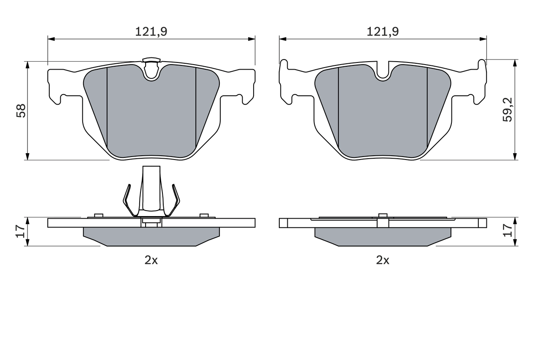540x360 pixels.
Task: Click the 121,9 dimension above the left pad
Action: pos(151,31)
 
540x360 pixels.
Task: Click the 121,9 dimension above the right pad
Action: pos(383,31)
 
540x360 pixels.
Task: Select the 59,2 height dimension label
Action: pos(508,110)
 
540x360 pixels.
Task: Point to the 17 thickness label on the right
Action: pos(508,230)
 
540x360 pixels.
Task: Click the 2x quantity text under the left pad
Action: pos(151,260)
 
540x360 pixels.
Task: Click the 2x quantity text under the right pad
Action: pos(383,260)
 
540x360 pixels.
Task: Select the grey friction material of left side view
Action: pos(151,236)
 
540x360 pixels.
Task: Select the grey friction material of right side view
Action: pos(383,236)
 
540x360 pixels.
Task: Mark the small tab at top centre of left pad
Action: pos(151,60)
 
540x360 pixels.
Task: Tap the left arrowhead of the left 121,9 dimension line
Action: pos(51,39)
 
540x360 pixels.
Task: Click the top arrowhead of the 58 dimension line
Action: pos(27,65)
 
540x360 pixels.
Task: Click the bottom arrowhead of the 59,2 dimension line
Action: pos(515,157)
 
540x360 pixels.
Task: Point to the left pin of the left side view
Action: pos(99,216)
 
